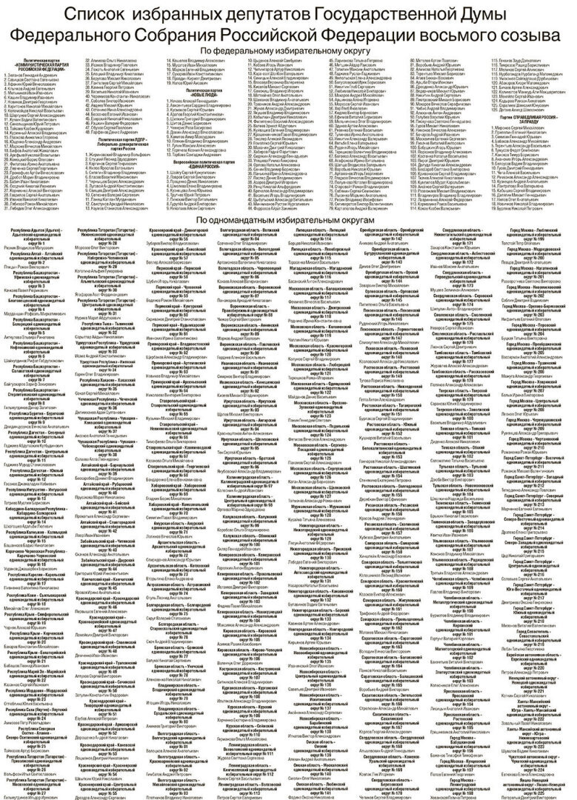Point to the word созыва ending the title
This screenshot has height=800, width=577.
coord(527,36)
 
